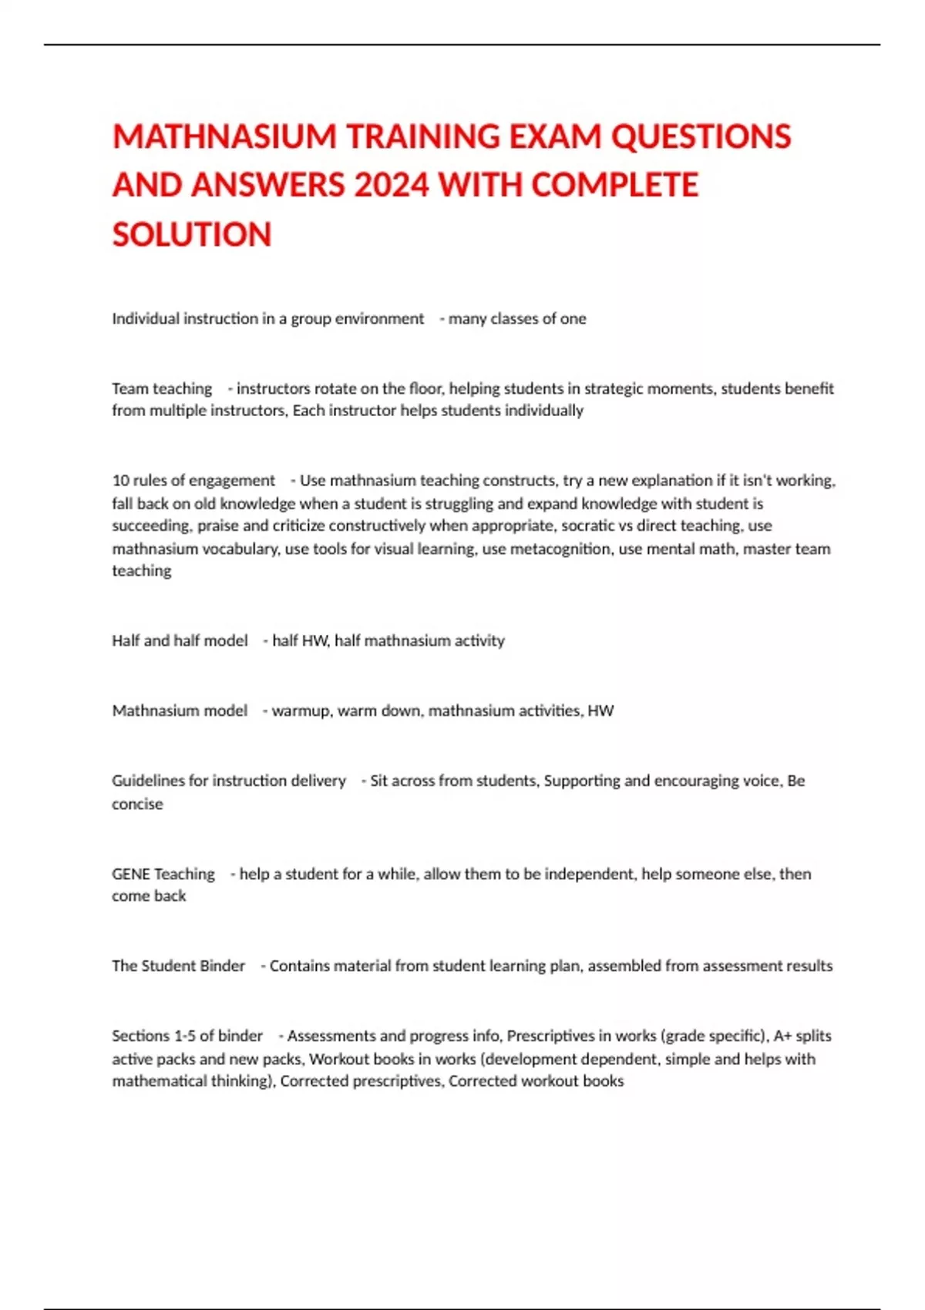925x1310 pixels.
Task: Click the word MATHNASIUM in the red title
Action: pyautogui.click(x=224, y=137)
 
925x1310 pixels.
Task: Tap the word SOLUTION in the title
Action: pyautogui.click(x=192, y=235)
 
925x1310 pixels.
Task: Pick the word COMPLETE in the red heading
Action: pyautogui.click(x=614, y=186)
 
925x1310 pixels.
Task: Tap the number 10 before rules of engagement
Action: pyautogui.click(x=120, y=481)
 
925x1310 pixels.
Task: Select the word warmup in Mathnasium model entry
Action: pyautogui.click(x=301, y=710)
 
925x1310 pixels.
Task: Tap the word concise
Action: pyautogui.click(x=137, y=804)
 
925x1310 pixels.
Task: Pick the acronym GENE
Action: pyautogui.click(x=130, y=874)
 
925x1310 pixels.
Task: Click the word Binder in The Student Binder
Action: pyautogui.click(x=222, y=966)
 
